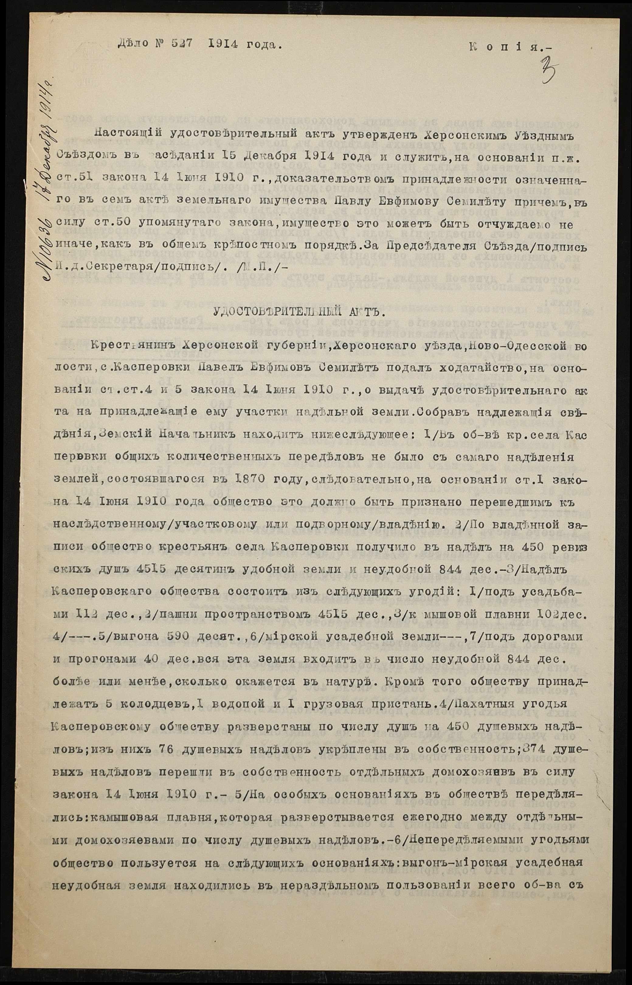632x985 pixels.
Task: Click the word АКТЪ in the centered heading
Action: [x=361, y=313]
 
